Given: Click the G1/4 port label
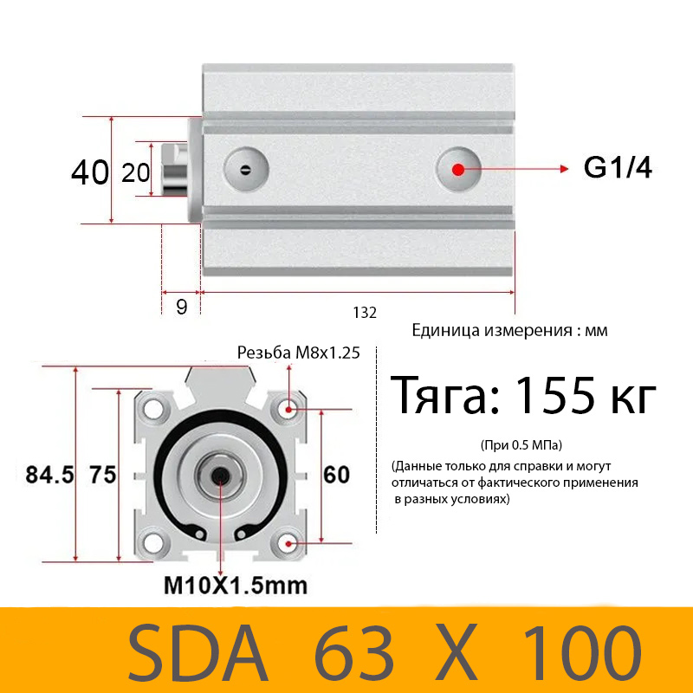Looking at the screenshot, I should pos(618,167).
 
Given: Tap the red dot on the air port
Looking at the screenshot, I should pos(459,168).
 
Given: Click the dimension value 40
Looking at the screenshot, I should pos(90,172).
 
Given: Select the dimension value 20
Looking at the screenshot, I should pos(136,172).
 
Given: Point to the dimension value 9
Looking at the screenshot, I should pos(182,307).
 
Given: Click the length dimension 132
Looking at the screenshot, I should pos(365,314).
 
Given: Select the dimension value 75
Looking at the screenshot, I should pos(102,475).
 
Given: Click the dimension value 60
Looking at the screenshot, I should pos(336,475).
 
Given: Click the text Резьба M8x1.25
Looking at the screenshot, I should pos(299,353).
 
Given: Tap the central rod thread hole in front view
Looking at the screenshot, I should pos(220,475).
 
